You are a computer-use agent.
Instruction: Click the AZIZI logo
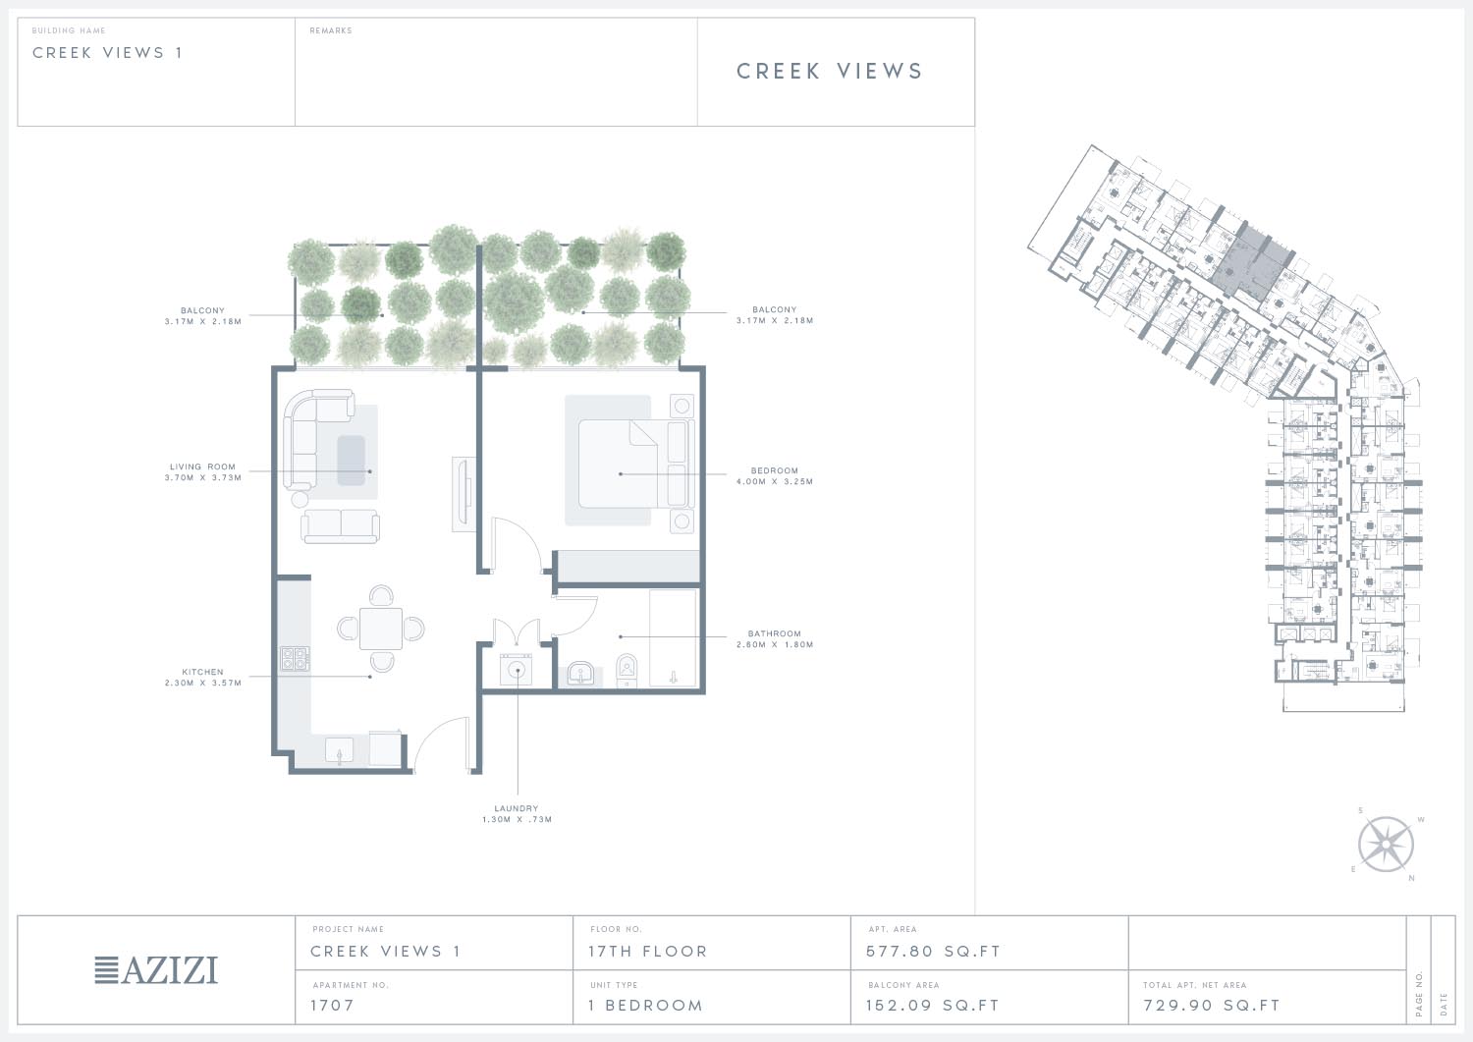(156, 969)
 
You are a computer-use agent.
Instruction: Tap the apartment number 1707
(332, 1005)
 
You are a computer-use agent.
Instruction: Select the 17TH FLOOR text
(648, 952)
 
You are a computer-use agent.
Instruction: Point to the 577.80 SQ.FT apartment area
(933, 952)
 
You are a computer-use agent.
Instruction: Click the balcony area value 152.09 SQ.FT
(933, 1005)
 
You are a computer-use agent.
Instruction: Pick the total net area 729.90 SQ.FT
(1212, 1005)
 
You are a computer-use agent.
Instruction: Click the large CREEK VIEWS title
(830, 71)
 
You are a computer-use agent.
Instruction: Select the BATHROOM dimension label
(775, 638)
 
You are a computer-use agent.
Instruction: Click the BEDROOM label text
(775, 470)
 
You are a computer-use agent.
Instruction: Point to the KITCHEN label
(202, 672)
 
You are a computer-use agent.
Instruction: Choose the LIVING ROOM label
(202, 466)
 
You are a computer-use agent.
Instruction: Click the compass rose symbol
(1386, 844)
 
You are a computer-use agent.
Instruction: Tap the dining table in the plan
(381, 629)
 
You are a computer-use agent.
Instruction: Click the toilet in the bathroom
(627, 671)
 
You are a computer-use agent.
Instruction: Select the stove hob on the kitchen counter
(295, 658)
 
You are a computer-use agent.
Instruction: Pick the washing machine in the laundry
(517, 670)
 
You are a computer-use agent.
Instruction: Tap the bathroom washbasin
(580, 675)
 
